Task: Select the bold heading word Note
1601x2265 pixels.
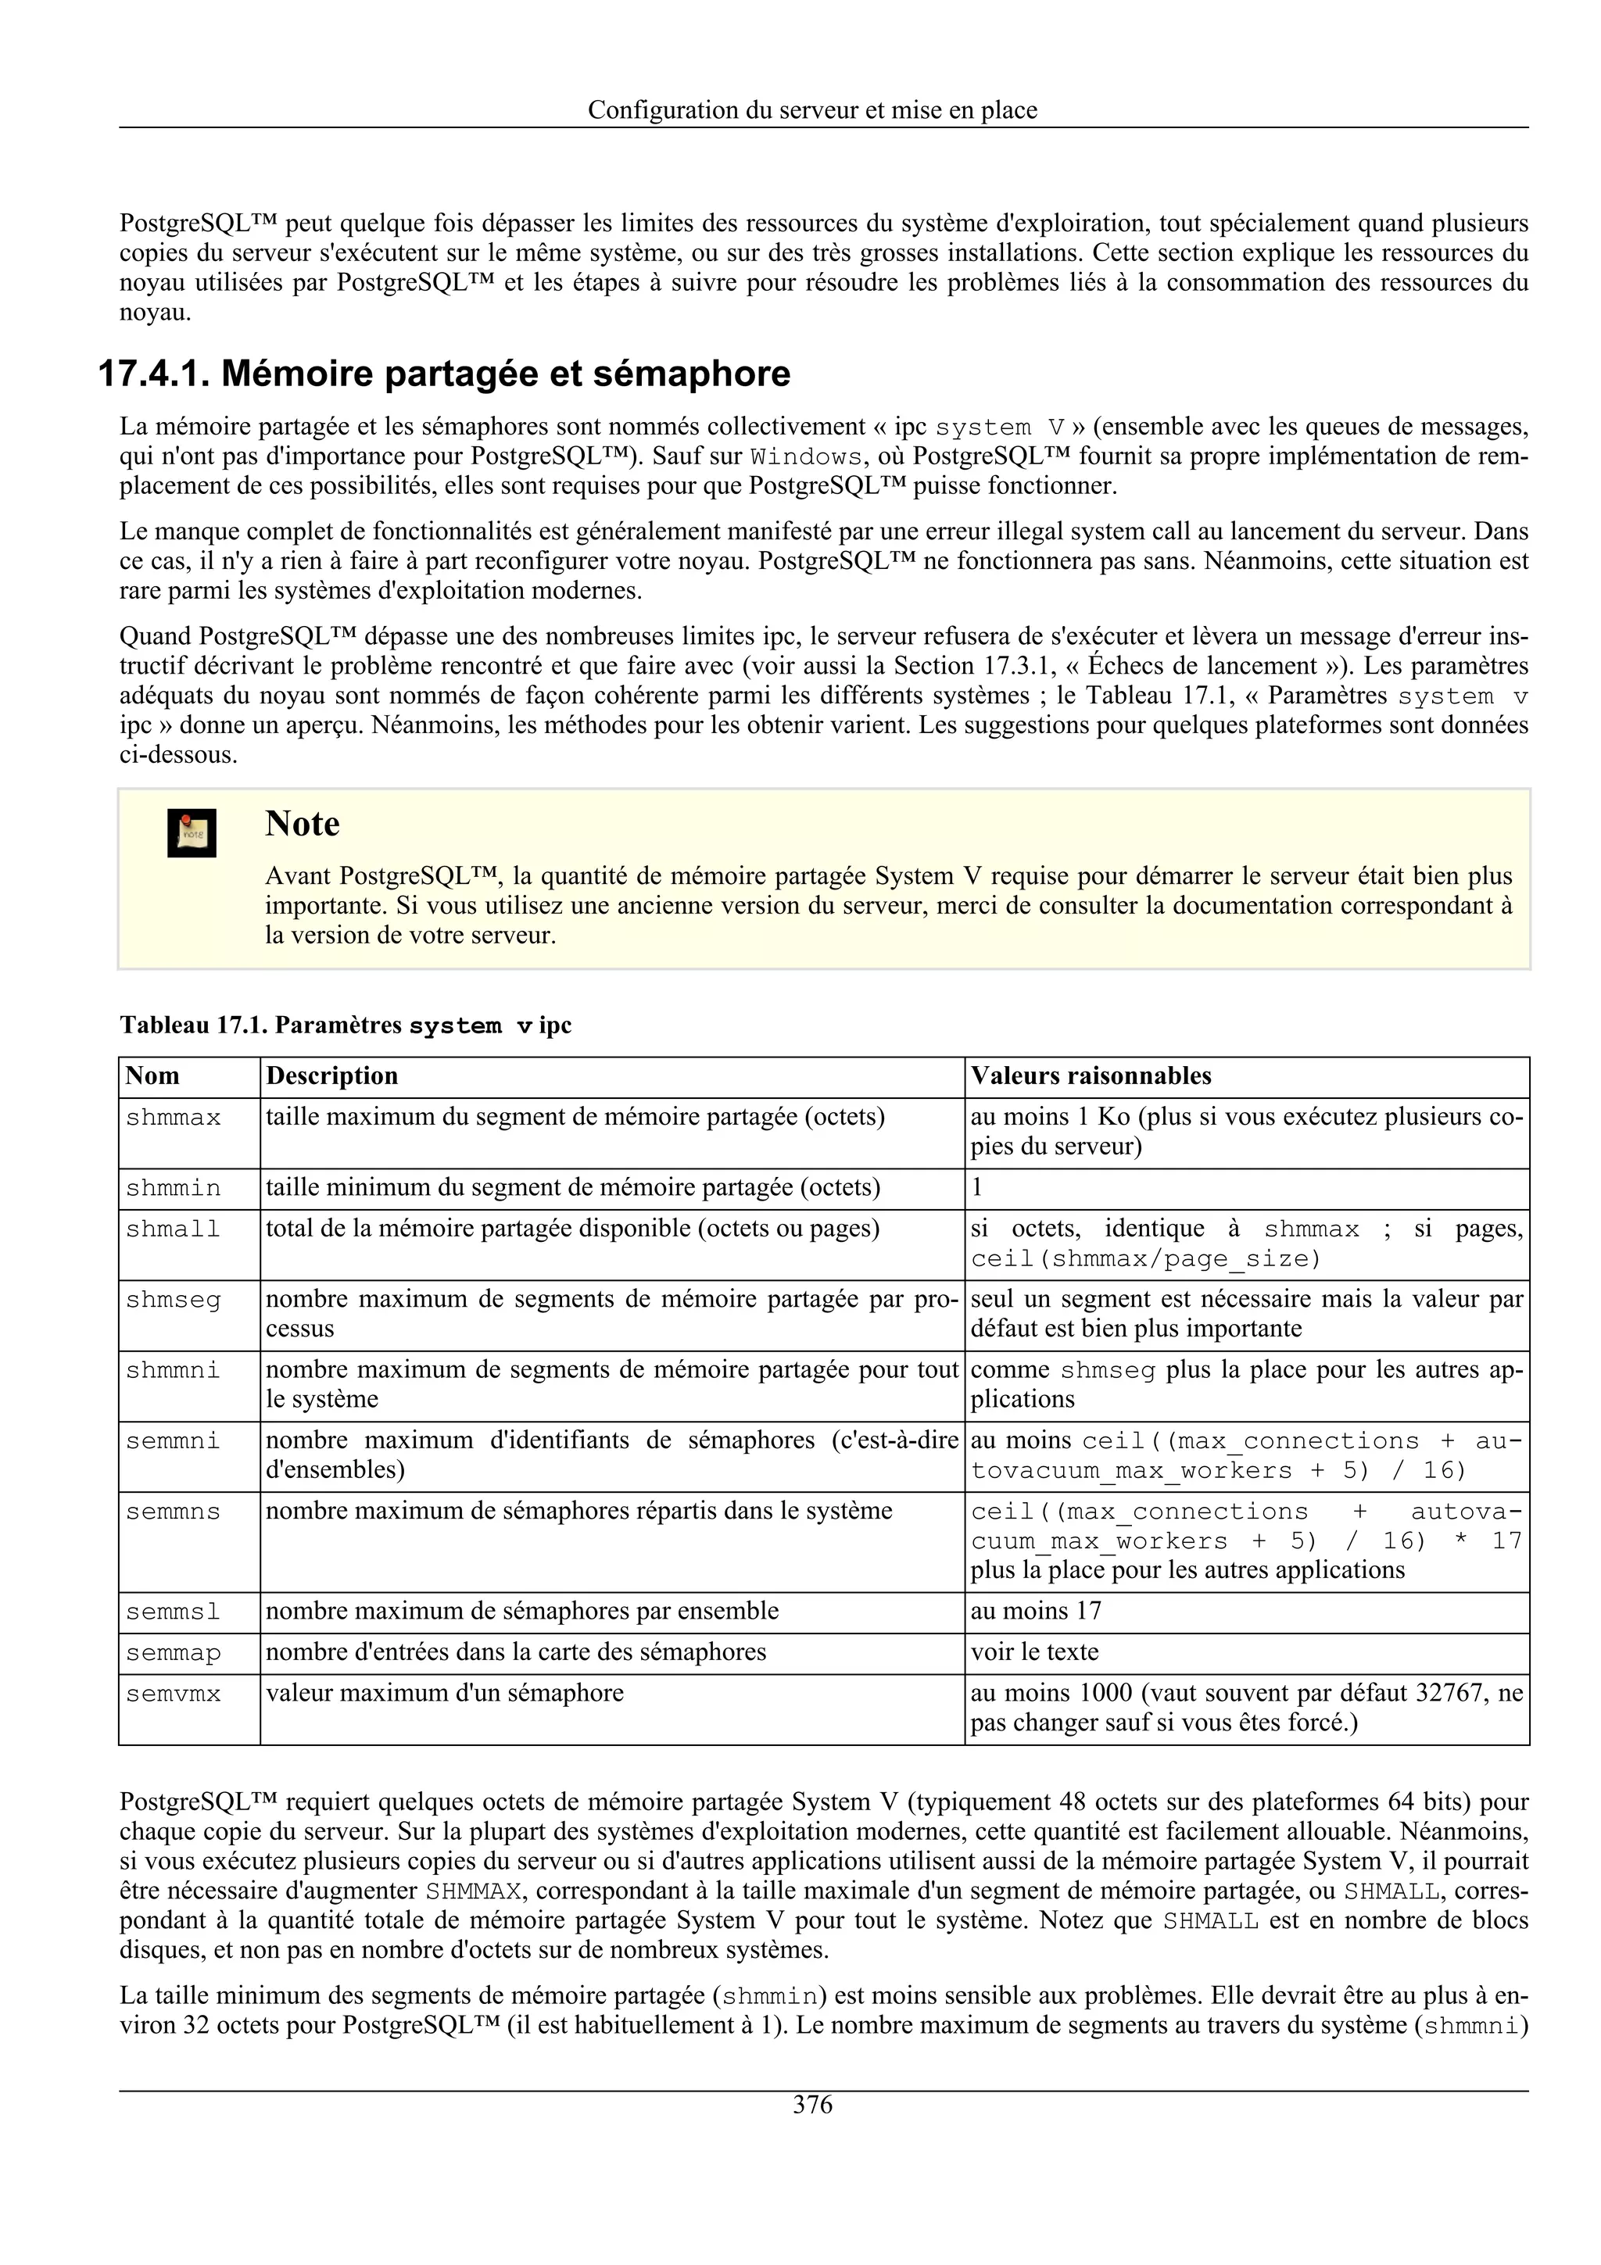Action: click(x=302, y=824)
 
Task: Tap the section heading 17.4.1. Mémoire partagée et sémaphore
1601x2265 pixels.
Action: click(x=444, y=374)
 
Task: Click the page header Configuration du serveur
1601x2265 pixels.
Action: click(x=812, y=109)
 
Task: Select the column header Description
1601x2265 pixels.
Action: click(x=331, y=1075)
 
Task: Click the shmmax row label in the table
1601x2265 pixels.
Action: click(x=174, y=1118)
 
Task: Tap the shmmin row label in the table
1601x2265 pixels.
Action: click(x=174, y=1188)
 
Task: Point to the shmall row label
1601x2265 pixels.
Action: click(x=174, y=1229)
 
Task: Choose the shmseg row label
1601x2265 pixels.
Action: click(x=174, y=1301)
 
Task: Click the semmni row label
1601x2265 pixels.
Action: click(x=174, y=1441)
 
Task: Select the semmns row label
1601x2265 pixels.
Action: click(x=174, y=1512)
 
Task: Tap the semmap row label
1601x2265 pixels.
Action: click(x=174, y=1652)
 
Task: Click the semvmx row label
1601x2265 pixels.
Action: click(x=174, y=1694)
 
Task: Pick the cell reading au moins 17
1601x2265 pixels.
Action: click(x=1036, y=1611)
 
